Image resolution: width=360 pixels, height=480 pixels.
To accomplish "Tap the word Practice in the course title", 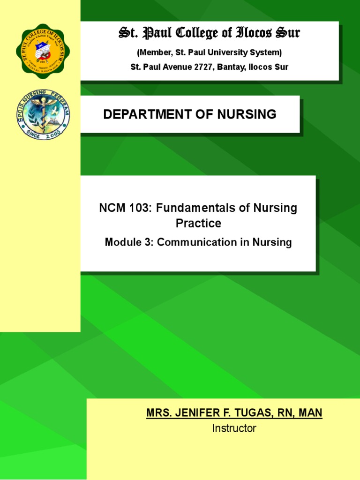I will pyautogui.click(x=198, y=224).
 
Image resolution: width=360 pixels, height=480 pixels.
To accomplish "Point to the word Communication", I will pyautogui.click(x=199, y=242).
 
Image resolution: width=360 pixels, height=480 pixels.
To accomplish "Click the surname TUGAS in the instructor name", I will pyautogui.click(x=254, y=413).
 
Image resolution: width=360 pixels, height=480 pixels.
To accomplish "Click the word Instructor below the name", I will pyautogui.click(x=234, y=428).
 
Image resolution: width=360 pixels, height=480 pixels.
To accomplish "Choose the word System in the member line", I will pyautogui.click(x=267, y=52).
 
